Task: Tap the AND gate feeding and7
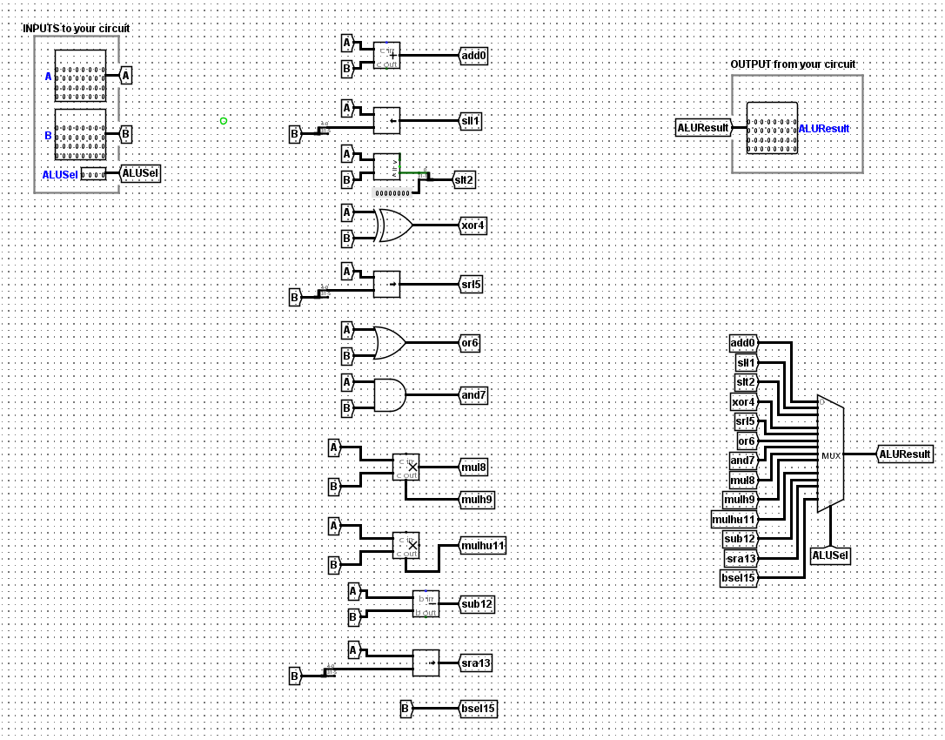pyautogui.click(x=389, y=395)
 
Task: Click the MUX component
pyautogui.click(x=830, y=454)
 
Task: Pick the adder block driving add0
pyautogui.click(x=387, y=55)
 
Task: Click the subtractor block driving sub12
pyautogui.click(x=426, y=603)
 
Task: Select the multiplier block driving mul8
pyautogui.click(x=406, y=467)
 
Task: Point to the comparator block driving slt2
pyautogui.click(x=387, y=166)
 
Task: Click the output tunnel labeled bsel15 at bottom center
pyautogui.click(x=478, y=709)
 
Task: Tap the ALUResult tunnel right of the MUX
pyautogui.click(x=905, y=454)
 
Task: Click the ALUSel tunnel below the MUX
pyautogui.click(x=830, y=555)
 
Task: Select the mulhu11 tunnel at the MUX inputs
pyautogui.click(x=734, y=520)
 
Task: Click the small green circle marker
pyautogui.click(x=224, y=121)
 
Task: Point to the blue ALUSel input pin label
pyautogui.click(x=60, y=175)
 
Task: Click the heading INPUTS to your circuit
pyautogui.click(x=76, y=29)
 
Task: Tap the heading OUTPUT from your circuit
pyautogui.click(x=793, y=64)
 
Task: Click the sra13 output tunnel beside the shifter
pyautogui.click(x=476, y=663)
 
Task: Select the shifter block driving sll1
pyautogui.click(x=387, y=120)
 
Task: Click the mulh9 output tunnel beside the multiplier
pyautogui.click(x=476, y=500)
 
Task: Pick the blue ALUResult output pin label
pyautogui.click(x=824, y=129)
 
